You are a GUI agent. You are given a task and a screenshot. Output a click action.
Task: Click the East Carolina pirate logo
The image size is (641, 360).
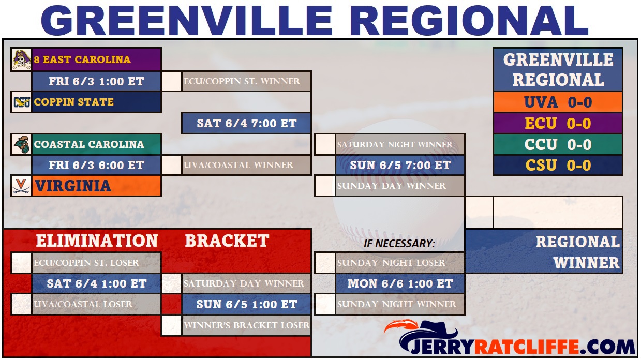(21, 59)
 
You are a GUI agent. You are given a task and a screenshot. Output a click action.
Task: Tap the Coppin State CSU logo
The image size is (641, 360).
(22, 102)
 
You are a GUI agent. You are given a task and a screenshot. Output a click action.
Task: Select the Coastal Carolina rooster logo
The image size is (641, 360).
(22, 144)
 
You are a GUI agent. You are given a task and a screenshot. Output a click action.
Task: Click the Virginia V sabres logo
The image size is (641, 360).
(22, 186)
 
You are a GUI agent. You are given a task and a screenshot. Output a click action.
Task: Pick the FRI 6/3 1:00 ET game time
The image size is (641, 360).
(96, 81)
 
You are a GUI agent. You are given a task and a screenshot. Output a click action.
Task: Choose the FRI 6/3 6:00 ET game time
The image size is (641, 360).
(96, 165)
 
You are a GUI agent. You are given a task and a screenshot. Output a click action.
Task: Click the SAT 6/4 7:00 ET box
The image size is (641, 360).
(246, 123)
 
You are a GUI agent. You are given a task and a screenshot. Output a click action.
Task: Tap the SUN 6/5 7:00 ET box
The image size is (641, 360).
(400, 165)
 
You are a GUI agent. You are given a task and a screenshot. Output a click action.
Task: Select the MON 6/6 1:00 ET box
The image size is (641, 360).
(400, 283)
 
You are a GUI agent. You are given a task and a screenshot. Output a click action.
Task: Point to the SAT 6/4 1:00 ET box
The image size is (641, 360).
(96, 283)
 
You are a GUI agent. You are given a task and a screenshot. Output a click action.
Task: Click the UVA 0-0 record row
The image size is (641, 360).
(558, 102)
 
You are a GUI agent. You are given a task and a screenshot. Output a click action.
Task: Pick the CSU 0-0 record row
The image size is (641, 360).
(558, 165)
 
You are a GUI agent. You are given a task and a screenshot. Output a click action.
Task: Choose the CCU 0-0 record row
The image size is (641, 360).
(558, 144)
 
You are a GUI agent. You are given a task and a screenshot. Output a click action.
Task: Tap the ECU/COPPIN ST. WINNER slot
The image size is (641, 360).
(246, 81)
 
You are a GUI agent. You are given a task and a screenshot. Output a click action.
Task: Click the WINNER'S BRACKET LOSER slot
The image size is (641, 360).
(246, 325)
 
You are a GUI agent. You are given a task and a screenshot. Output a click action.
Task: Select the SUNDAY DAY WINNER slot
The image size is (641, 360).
(400, 186)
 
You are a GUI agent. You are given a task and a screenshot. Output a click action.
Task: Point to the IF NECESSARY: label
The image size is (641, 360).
(399, 244)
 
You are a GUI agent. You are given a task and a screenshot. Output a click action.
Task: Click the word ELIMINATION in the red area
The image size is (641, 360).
(97, 241)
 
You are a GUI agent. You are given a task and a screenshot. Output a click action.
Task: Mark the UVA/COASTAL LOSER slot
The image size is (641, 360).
(96, 304)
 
